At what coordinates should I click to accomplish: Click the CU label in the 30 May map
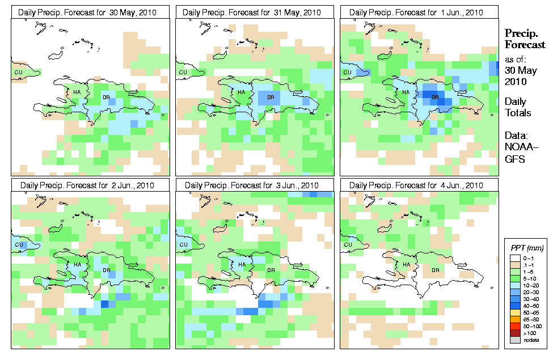(18, 72)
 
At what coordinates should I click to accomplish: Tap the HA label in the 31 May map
(241, 92)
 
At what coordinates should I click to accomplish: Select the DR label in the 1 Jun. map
(436, 97)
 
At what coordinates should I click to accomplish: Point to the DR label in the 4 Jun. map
(436, 270)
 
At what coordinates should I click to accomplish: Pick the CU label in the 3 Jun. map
(183, 245)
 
